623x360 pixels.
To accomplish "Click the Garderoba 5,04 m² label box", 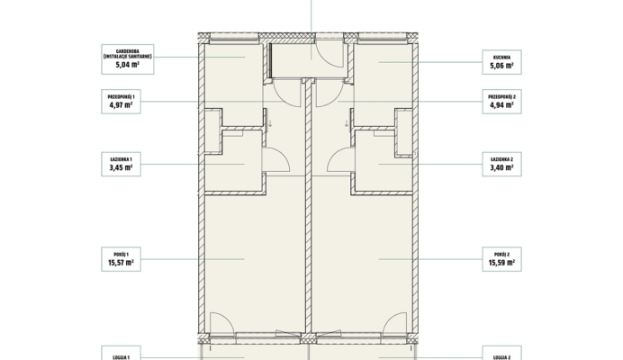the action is (128, 59).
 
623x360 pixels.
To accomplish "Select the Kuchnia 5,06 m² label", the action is (501, 62).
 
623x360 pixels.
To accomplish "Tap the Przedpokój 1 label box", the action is (122, 102).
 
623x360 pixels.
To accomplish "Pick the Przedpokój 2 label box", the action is (501, 102).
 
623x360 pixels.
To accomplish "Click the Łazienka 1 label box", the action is (122, 164).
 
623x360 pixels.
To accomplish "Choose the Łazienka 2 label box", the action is (501, 164).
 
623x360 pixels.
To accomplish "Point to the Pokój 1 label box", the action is (122, 259).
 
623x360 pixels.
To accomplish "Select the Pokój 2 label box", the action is (501, 259).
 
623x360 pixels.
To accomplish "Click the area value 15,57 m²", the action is (121, 263).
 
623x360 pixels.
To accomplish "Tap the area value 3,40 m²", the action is (501, 167).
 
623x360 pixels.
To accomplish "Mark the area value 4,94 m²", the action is (501, 105).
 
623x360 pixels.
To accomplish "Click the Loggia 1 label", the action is (122, 357).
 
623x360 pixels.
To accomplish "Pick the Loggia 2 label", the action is (501, 357).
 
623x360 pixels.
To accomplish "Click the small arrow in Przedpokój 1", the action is (270, 123).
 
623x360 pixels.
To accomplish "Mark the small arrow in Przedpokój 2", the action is (347, 123).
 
